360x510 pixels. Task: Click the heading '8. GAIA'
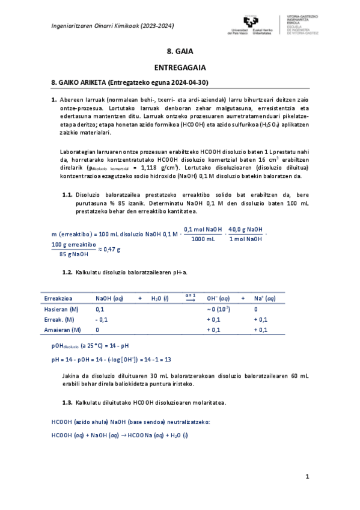[x=180, y=52]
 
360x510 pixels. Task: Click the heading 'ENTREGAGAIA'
[x=180, y=69]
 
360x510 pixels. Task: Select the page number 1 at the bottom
[x=307, y=477]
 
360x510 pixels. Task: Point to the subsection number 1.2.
[x=67, y=272]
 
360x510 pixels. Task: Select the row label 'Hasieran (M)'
[x=62, y=309]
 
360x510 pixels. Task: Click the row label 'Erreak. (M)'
[x=59, y=319]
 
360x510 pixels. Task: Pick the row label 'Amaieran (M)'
[x=63, y=330]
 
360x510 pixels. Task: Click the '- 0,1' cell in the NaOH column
[x=102, y=319]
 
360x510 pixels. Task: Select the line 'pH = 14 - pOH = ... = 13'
[x=112, y=360]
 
